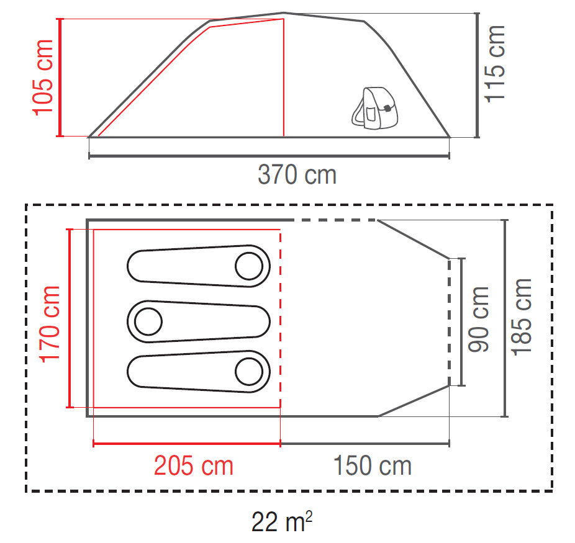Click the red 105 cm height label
(43, 78)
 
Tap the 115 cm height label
(495, 64)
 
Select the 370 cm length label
(297, 175)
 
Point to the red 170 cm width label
(50, 325)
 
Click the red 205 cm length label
(194, 465)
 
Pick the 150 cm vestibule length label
(372, 465)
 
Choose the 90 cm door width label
(479, 319)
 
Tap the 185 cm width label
(522, 317)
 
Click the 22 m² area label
(282, 521)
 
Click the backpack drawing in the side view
(375, 108)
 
